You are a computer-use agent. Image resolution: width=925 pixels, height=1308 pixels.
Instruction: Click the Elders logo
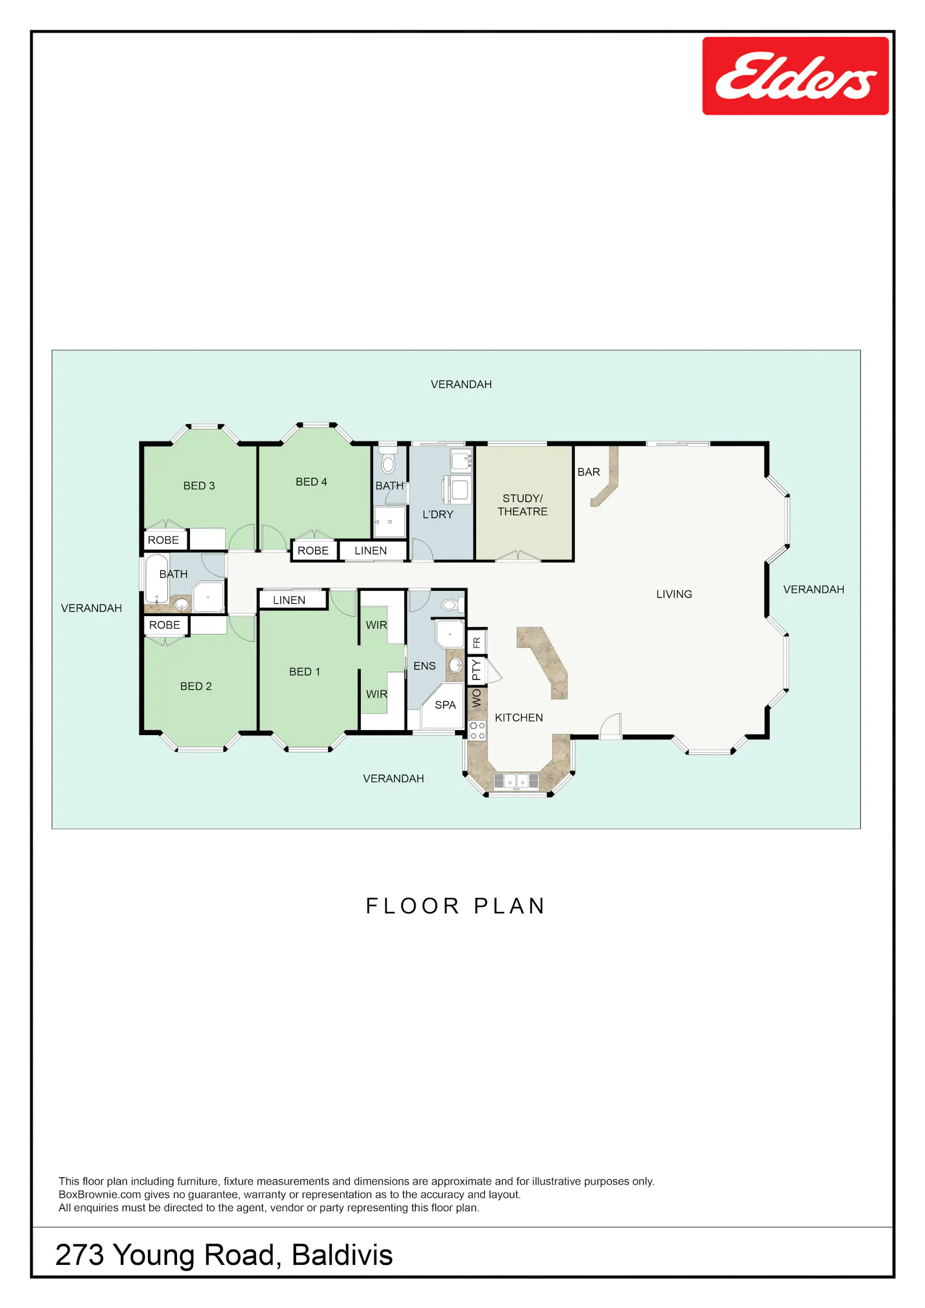(795, 76)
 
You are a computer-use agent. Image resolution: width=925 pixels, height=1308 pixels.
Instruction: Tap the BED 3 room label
(199, 486)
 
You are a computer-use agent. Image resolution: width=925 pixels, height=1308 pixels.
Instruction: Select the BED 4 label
(311, 482)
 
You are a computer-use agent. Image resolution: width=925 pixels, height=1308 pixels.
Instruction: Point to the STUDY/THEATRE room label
(523, 505)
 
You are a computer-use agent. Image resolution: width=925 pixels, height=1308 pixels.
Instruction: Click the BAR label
(589, 472)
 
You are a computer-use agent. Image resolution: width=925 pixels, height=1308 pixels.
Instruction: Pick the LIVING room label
(674, 594)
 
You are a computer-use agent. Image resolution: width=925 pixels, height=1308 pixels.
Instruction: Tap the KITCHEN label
(519, 718)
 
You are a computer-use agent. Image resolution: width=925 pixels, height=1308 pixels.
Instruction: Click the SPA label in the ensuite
(445, 705)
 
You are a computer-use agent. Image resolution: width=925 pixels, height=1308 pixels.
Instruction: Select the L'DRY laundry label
(438, 514)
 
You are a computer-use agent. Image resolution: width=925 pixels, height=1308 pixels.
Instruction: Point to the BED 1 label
(305, 672)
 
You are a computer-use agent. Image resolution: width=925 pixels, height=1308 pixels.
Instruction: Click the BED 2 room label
(196, 686)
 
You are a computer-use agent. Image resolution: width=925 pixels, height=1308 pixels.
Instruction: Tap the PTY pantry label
(476, 670)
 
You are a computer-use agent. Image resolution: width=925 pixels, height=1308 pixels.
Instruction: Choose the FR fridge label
(477, 643)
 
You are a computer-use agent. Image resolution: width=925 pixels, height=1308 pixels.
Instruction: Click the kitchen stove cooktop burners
(477, 731)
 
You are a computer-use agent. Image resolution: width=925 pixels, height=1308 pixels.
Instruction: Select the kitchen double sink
(517, 781)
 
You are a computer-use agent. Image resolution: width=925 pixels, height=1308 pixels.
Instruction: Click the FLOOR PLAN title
(456, 906)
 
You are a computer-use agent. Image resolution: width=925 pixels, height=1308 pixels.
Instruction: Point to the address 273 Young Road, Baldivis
(224, 1254)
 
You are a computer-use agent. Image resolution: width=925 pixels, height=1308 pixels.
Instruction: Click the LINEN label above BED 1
(289, 600)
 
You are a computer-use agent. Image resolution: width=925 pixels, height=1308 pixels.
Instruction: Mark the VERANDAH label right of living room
(814, 590)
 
